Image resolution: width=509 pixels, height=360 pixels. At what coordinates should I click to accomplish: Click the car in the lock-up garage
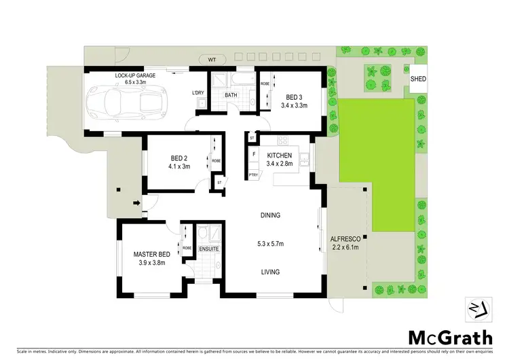[133, 101]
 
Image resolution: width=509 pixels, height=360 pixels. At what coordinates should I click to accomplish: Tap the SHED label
[418, 79]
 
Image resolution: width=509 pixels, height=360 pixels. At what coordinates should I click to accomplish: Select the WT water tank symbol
[212, 59]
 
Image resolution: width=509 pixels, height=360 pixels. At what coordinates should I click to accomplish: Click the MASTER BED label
[151, 253]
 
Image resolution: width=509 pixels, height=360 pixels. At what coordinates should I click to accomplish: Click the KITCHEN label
[280, 156]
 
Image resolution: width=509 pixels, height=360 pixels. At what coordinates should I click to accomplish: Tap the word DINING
[270, 215]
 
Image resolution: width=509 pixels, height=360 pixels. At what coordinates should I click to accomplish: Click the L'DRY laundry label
[198, 92]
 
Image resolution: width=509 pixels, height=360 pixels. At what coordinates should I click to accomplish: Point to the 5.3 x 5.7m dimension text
[270, 243]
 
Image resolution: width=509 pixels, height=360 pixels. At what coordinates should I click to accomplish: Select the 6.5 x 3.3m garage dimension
[132, 81]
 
